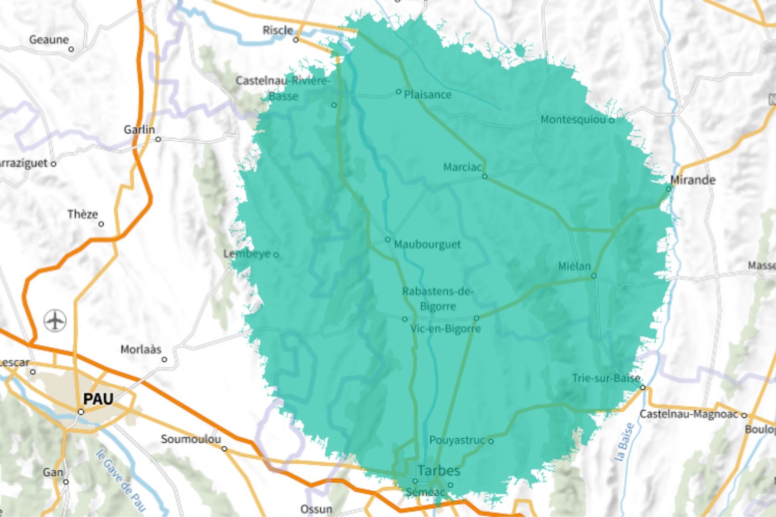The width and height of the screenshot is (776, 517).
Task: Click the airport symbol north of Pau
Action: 55,321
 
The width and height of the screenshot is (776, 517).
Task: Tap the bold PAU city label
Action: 98,399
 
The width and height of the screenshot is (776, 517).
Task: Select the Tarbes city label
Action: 439,471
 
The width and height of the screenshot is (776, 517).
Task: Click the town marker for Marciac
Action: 485,177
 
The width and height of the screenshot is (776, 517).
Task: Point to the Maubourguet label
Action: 427,244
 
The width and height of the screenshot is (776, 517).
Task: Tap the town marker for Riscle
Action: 296,40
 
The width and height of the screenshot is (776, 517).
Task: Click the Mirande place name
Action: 693,180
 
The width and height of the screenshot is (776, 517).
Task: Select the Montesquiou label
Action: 573,120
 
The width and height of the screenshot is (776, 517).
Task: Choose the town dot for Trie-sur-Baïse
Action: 643,388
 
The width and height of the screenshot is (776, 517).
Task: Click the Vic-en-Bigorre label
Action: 445,328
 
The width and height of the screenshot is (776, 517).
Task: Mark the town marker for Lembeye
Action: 276,254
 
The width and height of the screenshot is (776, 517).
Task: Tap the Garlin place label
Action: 139,130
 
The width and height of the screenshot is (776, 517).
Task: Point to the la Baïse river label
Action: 624,442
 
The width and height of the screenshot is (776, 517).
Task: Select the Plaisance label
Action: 428,95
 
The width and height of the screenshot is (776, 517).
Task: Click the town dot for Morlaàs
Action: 164,359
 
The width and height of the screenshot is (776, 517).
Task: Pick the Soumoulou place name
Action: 191,439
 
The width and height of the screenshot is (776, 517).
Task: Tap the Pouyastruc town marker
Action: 491,441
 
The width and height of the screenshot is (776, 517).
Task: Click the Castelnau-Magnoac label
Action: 689,414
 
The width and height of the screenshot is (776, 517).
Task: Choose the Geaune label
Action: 49,40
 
